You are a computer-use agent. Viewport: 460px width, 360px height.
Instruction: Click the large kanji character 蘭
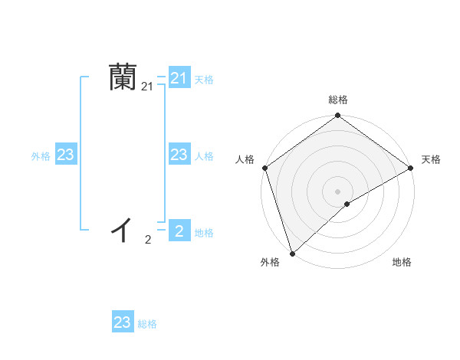click(x=123, y=78)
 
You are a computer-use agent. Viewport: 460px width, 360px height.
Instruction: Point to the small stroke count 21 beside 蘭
click(x=147, y=88)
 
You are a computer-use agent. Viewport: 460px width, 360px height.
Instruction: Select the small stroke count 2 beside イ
click(x=147, y=240)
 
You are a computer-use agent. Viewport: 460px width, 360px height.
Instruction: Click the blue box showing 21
click(x=179, y=78)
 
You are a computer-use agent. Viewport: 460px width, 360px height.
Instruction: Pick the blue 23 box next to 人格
click(x=179, y=155)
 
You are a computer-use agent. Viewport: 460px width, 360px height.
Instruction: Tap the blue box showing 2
click(x=179, y=231)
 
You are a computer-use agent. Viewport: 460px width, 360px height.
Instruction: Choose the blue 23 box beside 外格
click(x=65, y=155)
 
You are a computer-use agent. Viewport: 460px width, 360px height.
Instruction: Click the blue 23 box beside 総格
click(x=123, y=322)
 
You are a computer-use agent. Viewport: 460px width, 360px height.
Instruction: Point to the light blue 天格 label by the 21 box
click(x=204, y=79)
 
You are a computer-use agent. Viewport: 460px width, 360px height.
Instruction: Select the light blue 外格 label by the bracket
click(x=41, y=156)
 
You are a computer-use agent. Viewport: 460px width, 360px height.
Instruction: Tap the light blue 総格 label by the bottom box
click(x=147, y=324)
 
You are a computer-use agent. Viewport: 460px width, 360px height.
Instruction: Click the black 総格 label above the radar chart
click(x=337, y=100)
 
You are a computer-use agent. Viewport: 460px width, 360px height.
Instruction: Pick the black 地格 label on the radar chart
click(x=402, y=263)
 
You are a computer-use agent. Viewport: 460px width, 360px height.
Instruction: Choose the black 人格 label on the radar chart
click(x=245, y=159)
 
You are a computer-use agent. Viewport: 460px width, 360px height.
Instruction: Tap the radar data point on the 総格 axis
click(x=337, y=116)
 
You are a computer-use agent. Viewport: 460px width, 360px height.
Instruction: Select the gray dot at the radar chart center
click(x=337, y=191)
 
